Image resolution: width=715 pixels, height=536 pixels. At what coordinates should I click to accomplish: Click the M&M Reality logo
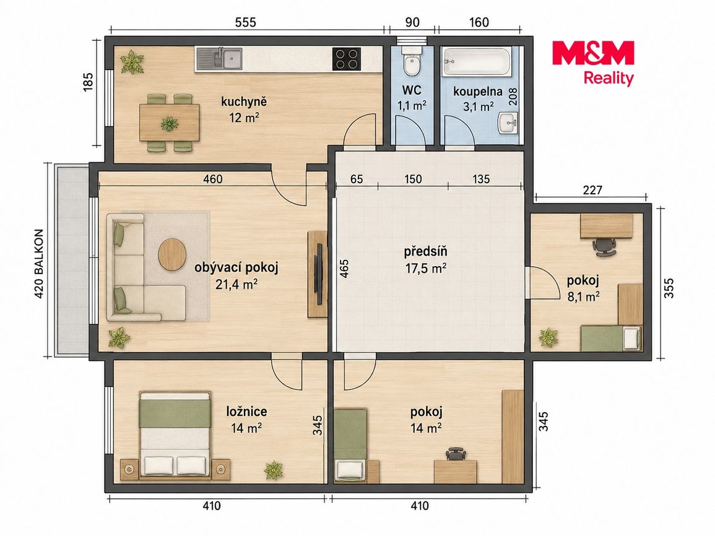[x=593, y=63]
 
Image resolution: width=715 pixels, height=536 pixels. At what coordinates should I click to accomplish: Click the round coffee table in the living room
[x=172, y=255]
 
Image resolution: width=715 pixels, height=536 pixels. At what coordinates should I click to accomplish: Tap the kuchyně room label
[x=243, y=102]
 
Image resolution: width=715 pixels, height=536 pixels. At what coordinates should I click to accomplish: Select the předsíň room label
[x=425, y=251]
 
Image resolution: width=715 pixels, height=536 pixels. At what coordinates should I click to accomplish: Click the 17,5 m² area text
[x=425, y=268]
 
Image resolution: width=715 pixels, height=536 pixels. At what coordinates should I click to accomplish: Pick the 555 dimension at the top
[x=245, y=22]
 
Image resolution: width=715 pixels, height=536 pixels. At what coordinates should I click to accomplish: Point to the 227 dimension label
[x=592, y=189]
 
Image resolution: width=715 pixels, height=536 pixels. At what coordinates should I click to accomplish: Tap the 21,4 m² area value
[x=236, y=285]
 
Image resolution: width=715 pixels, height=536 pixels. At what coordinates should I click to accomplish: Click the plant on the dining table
[x=169, y=124]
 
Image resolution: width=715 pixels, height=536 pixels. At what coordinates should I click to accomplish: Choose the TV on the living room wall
[x=320, y=274]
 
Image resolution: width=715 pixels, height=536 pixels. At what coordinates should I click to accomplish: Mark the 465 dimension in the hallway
[x=344, y=269]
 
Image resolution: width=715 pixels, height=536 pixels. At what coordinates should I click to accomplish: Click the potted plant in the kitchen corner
[x=132, y=62]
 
